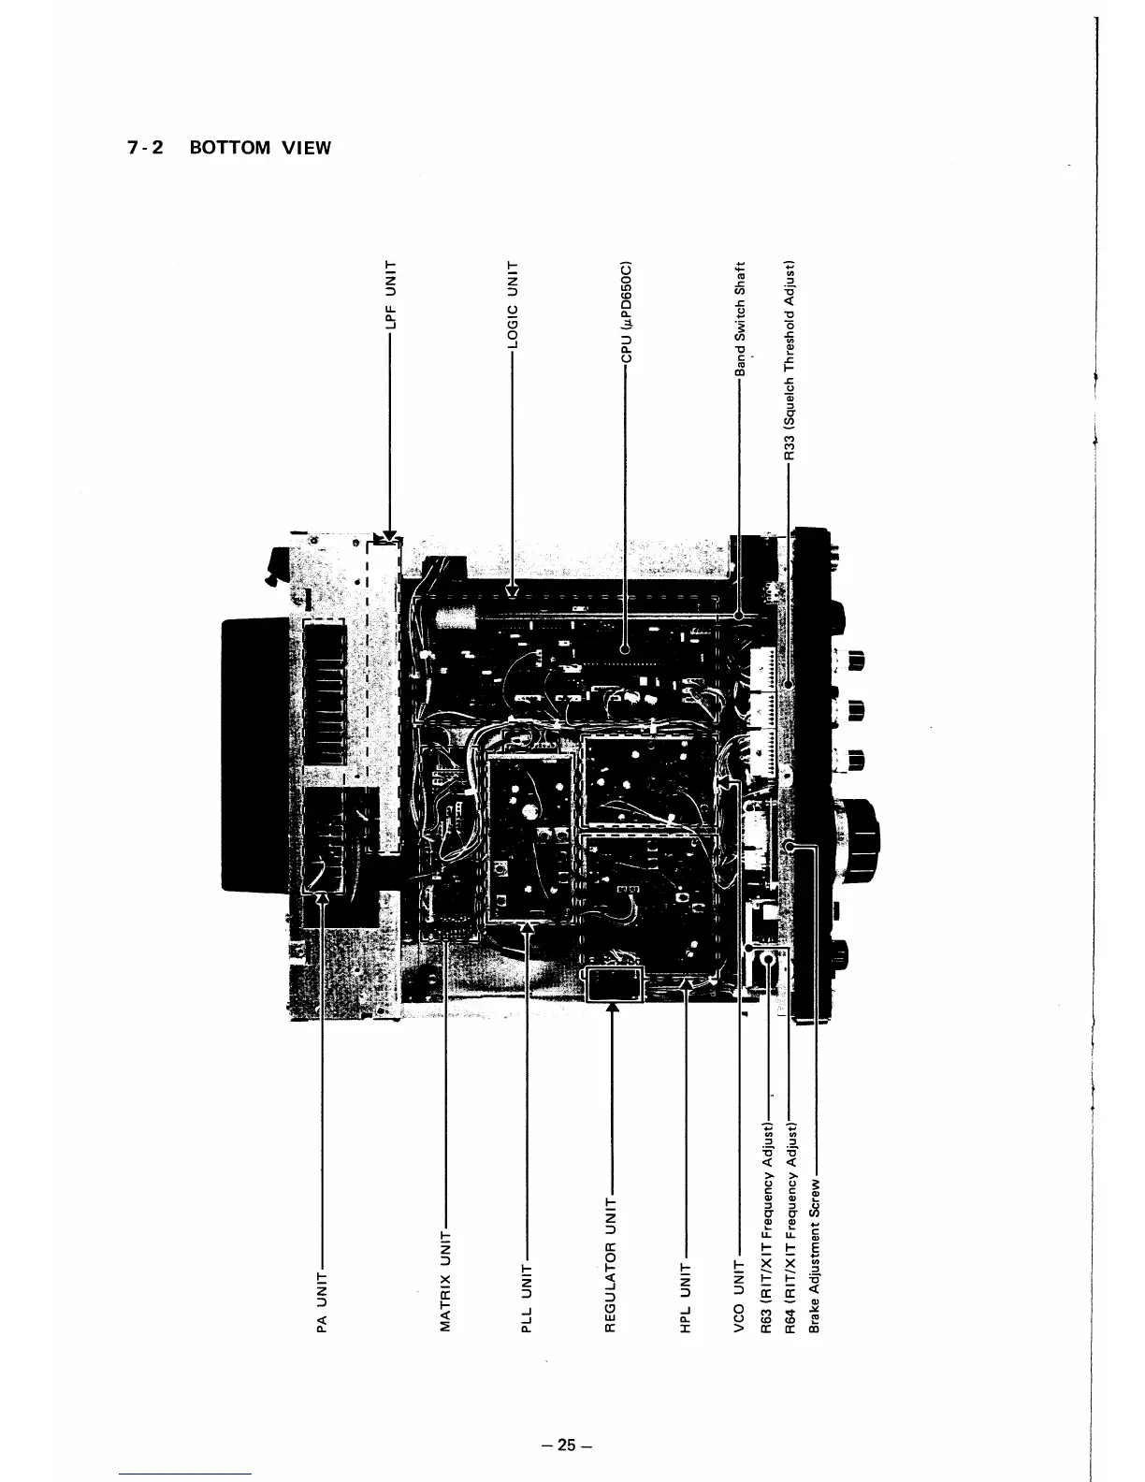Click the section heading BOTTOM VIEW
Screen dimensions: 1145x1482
click(260, 148)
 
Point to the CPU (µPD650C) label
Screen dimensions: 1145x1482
click(628, 310)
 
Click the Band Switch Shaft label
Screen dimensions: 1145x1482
click(739, 318)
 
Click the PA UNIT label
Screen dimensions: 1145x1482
click(323, 1301)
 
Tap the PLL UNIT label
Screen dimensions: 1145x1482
click(526, 1295)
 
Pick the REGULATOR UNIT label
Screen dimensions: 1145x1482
click(611, 1263)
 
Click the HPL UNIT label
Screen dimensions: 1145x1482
click(686, 1295)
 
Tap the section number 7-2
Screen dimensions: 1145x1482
click(144, 148)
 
